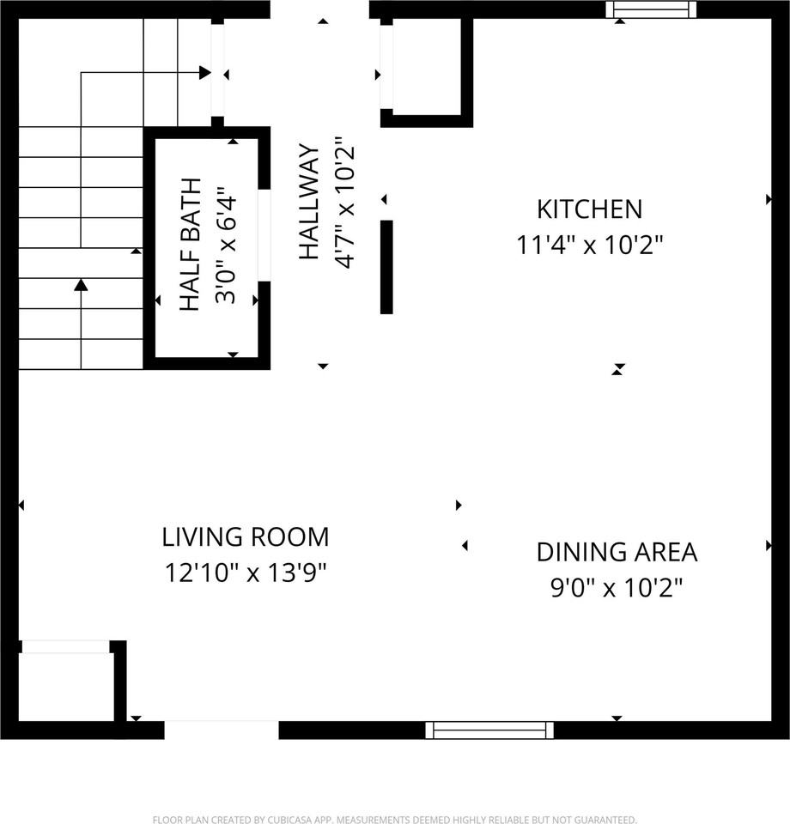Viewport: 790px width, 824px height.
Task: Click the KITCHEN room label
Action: (589, 209)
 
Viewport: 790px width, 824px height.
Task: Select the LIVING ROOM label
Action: (246, 537)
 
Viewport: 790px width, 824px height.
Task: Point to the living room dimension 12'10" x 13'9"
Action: (246, 573)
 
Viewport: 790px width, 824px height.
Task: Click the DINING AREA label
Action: (617, 552)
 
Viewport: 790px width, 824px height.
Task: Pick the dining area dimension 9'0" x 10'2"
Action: (617, 588)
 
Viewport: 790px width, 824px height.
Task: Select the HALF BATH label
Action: (190, 244)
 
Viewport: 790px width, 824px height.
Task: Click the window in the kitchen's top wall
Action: (650, 9)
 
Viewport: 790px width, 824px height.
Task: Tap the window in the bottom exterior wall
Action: (489, 730)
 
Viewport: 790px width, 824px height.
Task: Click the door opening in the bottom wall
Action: (222, 730)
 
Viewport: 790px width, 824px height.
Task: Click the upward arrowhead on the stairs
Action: (81, 284)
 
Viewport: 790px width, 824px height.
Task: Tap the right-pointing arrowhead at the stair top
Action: (204, 73)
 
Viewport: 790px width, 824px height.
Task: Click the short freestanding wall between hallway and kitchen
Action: (386, 267)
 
